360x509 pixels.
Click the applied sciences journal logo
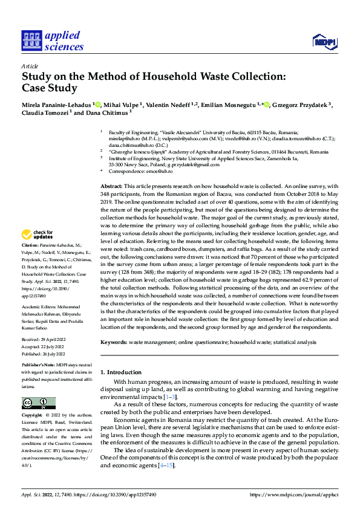(x=53, y=41)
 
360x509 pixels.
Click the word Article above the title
(x=29, y=66)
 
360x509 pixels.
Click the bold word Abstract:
(x=111, y=187)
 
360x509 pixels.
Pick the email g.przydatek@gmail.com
(x=205, y=164)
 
